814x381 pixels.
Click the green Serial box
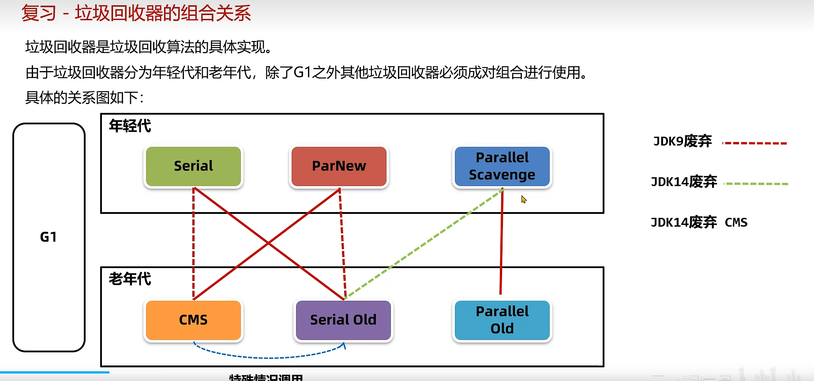coord(193,166)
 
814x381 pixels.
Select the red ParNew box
coord(338,166)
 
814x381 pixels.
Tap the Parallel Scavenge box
coord(502,166)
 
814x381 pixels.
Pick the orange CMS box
coord(193,320)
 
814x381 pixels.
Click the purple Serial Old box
coord(343,320)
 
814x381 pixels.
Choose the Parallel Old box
coord(502,320)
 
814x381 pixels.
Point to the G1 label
coord(49,237)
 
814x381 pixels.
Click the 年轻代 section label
coord(130,126)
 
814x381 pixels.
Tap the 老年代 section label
coord(130,279)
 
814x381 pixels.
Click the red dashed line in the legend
coord(755,143)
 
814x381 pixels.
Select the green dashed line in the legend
coord(756,183)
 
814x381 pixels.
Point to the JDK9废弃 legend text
coord(682,141)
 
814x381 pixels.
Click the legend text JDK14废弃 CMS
coord(699,222)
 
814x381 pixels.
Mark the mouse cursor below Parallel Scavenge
coord(523,199)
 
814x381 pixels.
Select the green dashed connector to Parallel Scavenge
coord(424,243)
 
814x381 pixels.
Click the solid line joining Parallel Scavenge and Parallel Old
coord(501,242)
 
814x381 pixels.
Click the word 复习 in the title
coord(39,13)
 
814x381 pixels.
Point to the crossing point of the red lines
coord(268,243)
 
